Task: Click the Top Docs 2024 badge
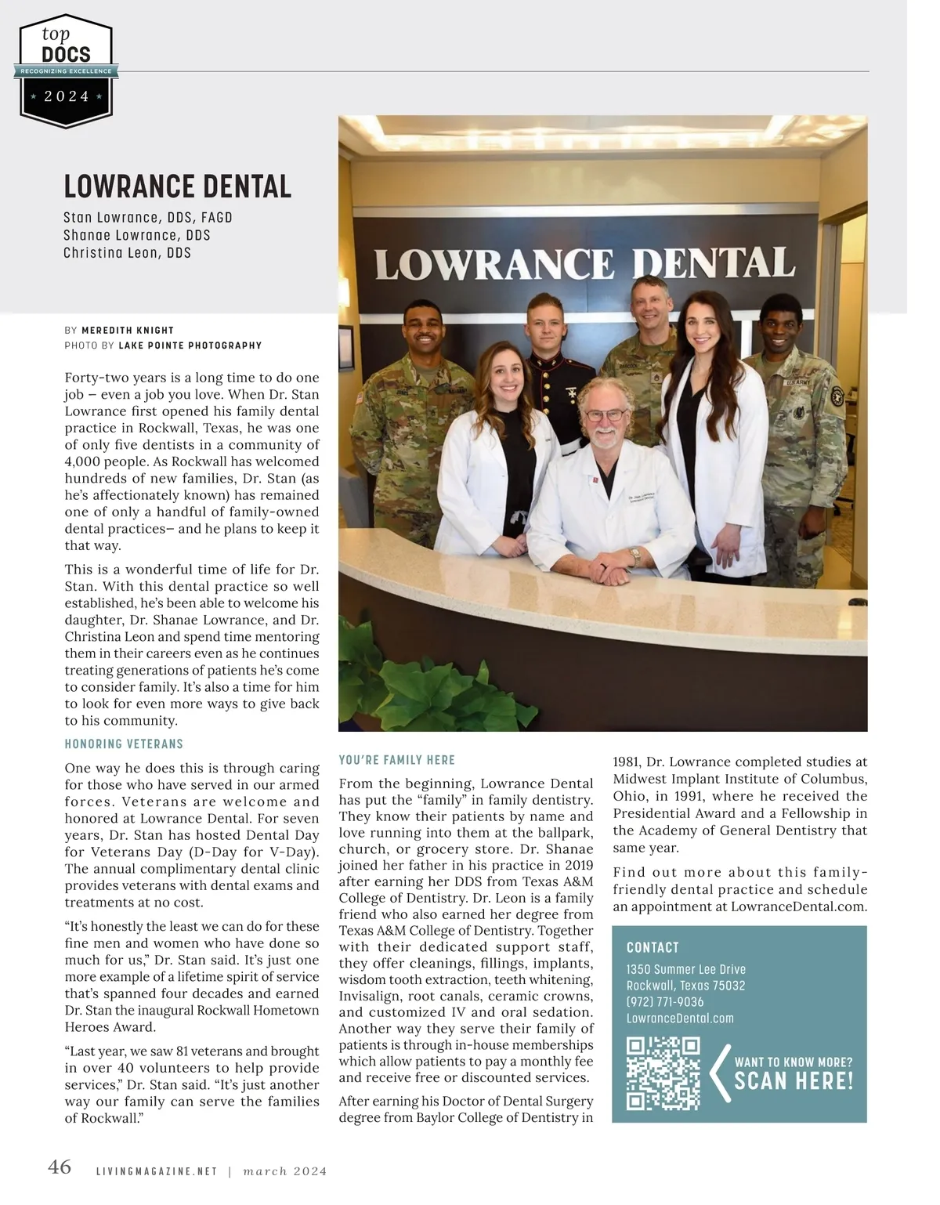(67, 71)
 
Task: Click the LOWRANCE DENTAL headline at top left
(177, 186)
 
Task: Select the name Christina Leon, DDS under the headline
(127, 253)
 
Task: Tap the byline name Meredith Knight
(128, 331)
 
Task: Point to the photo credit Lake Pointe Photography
(190, 346)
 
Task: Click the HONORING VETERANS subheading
(124, 744)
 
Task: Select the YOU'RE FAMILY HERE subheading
(396, 760)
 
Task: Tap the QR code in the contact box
(663, 1073)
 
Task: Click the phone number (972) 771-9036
(665, 1002)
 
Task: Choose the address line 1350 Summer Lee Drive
(685, 969)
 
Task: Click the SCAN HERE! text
(793, 1082)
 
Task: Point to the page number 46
(60, 1167)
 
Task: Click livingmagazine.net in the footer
(156, 1172)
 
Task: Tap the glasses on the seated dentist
(606, 415)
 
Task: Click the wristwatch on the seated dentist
(635, 557)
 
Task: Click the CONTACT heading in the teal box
(653, 947)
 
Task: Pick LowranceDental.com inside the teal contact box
(680, 1019)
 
